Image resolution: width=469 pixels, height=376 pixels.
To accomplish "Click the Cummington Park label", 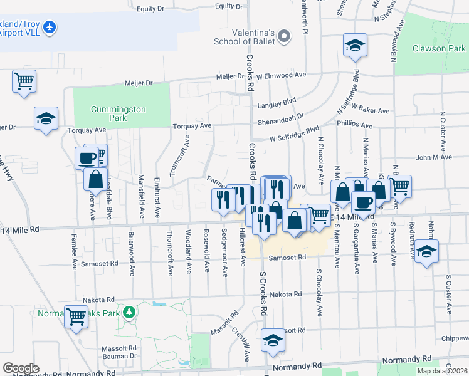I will click(x=118, y=113).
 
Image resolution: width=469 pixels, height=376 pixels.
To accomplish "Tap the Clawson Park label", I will click(x=438, y=49).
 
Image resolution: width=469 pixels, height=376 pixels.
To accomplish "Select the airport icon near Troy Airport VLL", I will click(x=50, y=28).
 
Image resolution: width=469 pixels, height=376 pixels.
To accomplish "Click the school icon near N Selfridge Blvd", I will click(x=354, y=46).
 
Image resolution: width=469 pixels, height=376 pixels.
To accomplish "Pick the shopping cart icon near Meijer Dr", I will click(x=24, y=81).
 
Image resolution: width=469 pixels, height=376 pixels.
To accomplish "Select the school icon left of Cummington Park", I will click(x=46, y=118).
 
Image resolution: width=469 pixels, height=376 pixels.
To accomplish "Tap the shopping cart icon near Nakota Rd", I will click(x=76, y=317).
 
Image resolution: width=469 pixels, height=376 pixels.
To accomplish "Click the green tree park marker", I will click(x=129, y=311).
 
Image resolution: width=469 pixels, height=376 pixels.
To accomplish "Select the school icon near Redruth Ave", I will click(x=426, y=251).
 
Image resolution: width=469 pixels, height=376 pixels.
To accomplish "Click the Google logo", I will click(x=21, y=368).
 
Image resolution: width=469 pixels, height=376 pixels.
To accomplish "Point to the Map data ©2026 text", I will click(x=442, y=371).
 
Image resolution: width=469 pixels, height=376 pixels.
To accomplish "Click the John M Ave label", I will click(x=429, y=157).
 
